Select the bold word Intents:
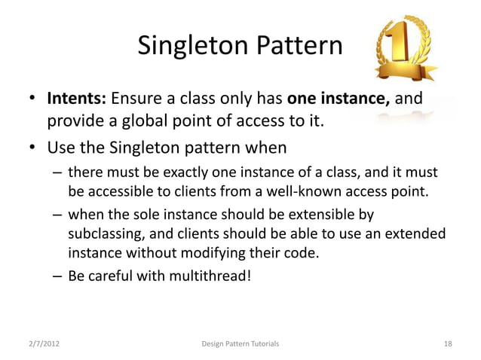(x=78, y=99)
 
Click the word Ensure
(x=138, y=99)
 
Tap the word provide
(x=75, y=121)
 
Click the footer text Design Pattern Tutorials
(x=240, y=344)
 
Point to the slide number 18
(x=448, y=344)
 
